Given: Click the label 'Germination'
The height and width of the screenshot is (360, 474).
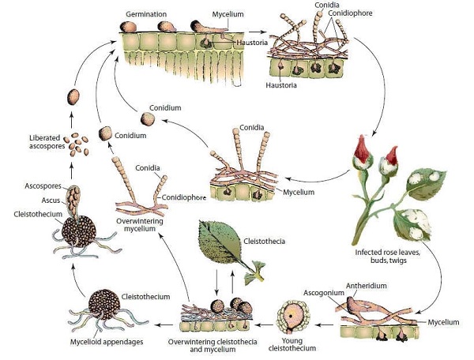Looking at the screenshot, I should (x=150, y=13).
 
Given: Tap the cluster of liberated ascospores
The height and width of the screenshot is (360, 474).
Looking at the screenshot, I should (x=77, y=143).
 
